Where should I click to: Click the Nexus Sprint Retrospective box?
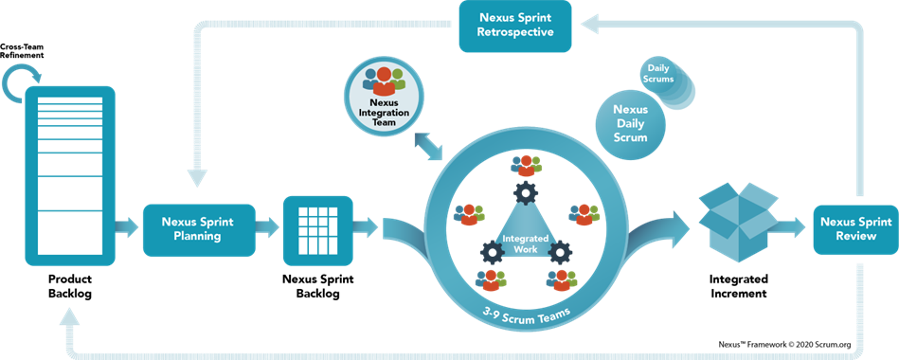tap(514, 27)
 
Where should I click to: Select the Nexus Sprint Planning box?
tap(198, 229)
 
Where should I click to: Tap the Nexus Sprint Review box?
tap(856, 229)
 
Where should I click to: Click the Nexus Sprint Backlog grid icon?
tap(318, 228)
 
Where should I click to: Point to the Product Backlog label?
tap(70, 287)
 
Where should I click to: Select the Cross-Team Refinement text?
tap(22, 50)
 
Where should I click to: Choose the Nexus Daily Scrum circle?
tap(631, 123)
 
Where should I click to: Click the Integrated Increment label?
tap(739, 287)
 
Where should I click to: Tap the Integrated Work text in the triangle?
tap(525, 243)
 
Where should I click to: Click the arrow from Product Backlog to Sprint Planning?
tap(127, 227)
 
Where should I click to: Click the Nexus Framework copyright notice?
tap(784, 345)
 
